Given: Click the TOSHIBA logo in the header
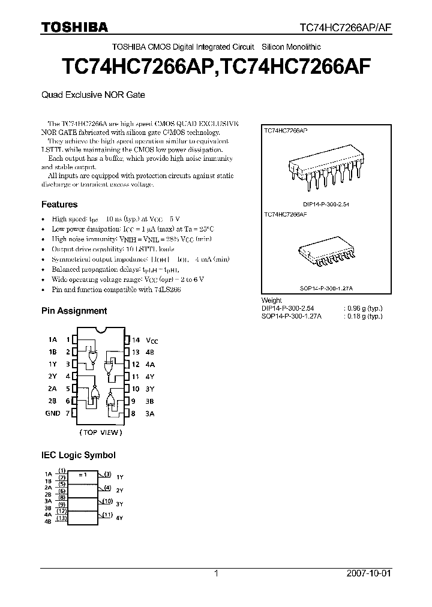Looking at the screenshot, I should click(74, 26).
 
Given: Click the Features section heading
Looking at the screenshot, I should click(59, 205).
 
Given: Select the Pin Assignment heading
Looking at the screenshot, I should click(74, 311).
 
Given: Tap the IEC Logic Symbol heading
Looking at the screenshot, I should click(78, 455).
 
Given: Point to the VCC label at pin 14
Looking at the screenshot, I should click(152, 340).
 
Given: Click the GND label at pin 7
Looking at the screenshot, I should click(53, 413).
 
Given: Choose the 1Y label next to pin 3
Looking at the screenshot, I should click(53, 364).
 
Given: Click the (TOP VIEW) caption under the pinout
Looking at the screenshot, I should click(100, 432).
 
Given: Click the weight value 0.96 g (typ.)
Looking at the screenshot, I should click(364, 308).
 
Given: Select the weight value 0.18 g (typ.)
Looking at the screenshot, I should click(364, 315).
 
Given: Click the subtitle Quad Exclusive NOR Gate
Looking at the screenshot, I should click(92, 95).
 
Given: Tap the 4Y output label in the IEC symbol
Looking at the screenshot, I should click(119, 518).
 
